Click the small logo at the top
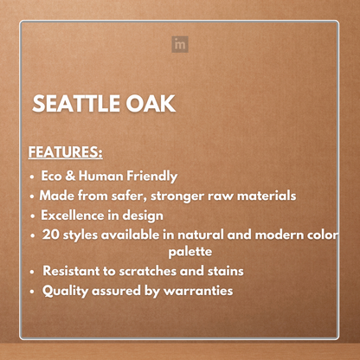[x=179, y=44]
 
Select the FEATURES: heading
[x=66, y=152]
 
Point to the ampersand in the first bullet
[x=74, y=176]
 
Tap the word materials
[x=264, y=196]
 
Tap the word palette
[x=192, y=253]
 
